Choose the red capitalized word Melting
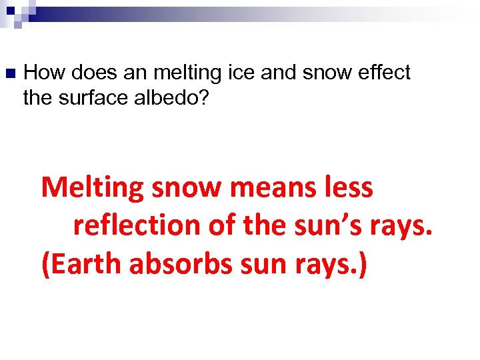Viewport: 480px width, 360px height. pyautogui.click(x=93, y=189)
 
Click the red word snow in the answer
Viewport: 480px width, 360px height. pyautogui.click(x=187, y=189)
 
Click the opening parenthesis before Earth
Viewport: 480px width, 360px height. pyautogui.click(x=45, y=265)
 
